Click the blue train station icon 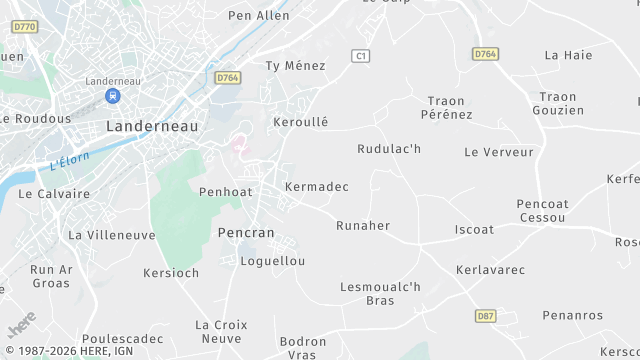[x=112, y=96]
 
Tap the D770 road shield [x=26, y=26]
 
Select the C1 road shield [x=362, y=56]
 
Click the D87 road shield [x=485, y=316]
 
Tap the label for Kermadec [x=317, y=187]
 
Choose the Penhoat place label [x=229, y=191]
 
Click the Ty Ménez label [x=295, y=66]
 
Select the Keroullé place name [x=300, y=122]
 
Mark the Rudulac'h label [x=389, y=149]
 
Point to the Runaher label [x=363, y=225]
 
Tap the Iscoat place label [x=474, y=229]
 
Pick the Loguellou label [x=273, y=261]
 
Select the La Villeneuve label [x=111, y=235]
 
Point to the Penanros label [x=573, y=315]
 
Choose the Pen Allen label [x=259, y=15]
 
